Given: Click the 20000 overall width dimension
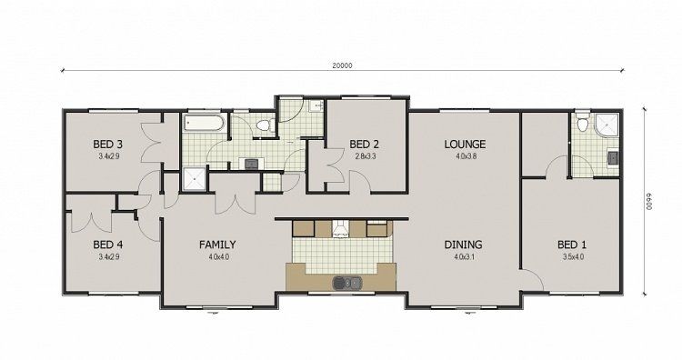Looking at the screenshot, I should point(342,65).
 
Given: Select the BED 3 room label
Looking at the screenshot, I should point(107,145).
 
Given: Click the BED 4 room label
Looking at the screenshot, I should point(107,245).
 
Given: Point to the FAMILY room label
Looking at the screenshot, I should point(217,245).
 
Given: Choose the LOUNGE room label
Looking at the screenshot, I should point(465,145).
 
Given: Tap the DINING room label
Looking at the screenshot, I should point(463,245).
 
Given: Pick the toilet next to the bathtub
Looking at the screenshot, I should point(264,126).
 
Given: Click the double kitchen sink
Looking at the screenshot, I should point(346,283).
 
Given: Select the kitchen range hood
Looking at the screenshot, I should point(340,228).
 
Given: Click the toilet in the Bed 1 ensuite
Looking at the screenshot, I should point(582,124).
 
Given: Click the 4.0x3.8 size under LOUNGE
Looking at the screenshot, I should point(465,156).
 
